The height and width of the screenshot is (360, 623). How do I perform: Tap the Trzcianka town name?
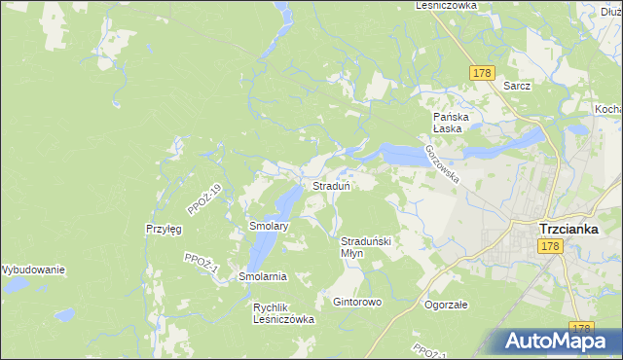click(575, 230)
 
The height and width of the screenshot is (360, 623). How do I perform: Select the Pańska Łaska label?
click(452, 123)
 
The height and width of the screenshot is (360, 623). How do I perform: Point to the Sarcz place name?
click(517, 86)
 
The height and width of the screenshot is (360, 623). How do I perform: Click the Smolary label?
click(269, 226)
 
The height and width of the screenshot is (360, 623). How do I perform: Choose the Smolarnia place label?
click(263, 276)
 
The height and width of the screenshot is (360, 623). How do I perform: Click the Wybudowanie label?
click(32, 270)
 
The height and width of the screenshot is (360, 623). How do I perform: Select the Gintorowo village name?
click(357, 302)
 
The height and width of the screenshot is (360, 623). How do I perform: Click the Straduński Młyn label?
click(365, 246)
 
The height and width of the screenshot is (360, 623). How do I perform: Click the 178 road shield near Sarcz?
click(482, 73)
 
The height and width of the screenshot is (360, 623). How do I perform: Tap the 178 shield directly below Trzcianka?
click(550, 248)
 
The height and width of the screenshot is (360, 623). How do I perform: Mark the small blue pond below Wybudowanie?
click(64, 315)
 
